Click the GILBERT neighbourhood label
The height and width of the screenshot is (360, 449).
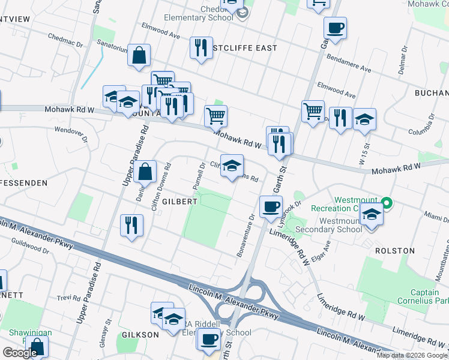[x=179, y=202]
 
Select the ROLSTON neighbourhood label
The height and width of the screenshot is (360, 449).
[x=394, y=250]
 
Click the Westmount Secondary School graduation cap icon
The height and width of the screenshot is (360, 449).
[x=372, y=217]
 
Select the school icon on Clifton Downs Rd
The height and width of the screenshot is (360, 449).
[x=231, y=166]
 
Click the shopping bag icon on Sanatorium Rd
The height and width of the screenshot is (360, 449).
[x=139, y=55]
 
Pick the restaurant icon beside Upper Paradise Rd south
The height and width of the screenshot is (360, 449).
[x=131, y=226]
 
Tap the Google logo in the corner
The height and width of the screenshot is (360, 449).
[x=20, y=353]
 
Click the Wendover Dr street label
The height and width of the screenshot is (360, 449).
[x=71, y=130]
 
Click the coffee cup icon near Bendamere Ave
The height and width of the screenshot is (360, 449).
[x=334, y=28]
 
